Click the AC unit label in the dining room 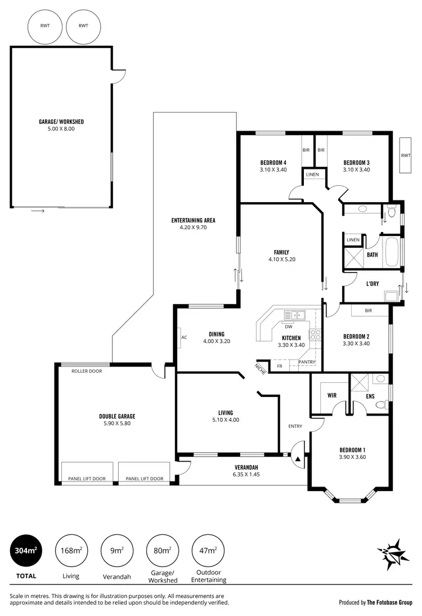(x=184, y=337)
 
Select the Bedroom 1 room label (x=352, y=449)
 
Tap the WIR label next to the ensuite (x=332, y=395)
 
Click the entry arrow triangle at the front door (x=298, y=459)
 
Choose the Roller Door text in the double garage (x=87, y=371)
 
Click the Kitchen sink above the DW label (x=295, y=315)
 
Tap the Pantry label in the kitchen (x=307, y=361)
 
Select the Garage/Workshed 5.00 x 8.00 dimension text (x=61, y=129)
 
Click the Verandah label (x=246, y=467)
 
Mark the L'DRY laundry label (x=372, y=283)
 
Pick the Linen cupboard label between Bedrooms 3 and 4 (x=312, y=175)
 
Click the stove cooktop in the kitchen (x=316, y=336)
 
